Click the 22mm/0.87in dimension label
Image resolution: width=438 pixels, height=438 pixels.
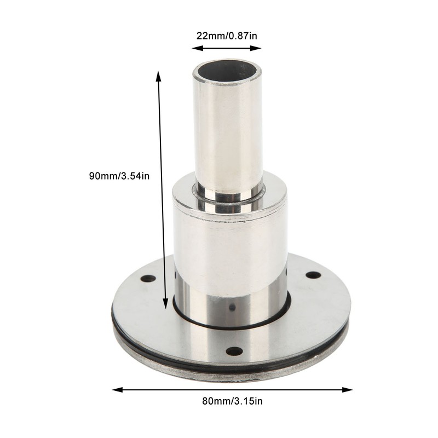tap(227, 36)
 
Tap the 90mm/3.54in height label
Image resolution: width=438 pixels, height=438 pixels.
tap(119, 176)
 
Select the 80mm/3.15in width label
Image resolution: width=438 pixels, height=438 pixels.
tap(232, 401)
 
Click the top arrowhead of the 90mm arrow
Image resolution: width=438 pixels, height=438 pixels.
tap(158, 76)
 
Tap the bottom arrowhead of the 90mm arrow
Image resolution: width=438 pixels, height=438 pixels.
tap(165, 304)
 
